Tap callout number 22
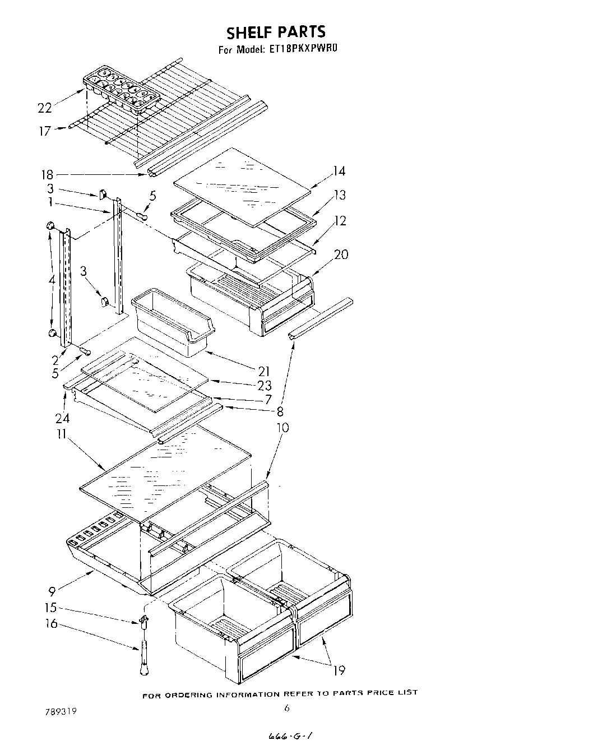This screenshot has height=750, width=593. click(45, 108)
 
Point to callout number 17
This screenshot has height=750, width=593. click(45, 131)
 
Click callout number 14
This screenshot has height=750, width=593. click(338, 171)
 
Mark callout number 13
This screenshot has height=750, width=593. click(340, 195)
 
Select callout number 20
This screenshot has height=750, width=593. click(341, 254)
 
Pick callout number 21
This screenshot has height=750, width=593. click(263, 371)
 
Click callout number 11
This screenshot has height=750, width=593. click(61, 434)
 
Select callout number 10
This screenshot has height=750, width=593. click(282, 428)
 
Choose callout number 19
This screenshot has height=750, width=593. click(339, 669)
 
